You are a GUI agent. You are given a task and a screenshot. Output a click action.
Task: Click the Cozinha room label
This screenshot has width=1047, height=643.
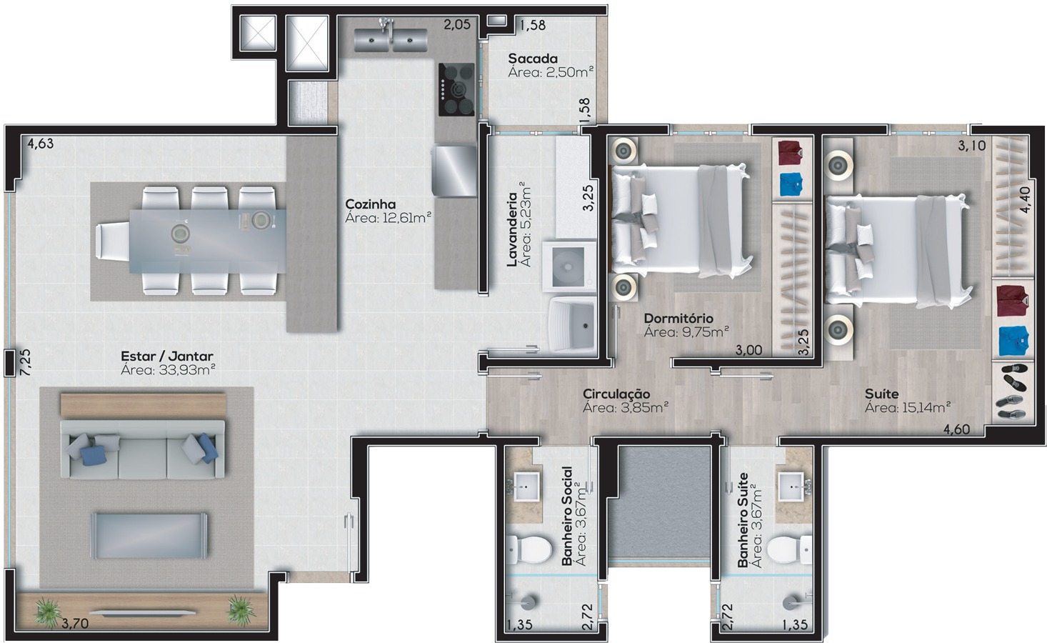tap(370, 204)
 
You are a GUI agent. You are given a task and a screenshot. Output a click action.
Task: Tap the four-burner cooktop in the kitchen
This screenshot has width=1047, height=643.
tap(456, 90)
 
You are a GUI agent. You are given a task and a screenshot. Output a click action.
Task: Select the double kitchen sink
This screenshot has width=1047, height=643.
tap(390, 40)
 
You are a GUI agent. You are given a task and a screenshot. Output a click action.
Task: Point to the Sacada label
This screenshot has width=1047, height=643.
tap(532, 59)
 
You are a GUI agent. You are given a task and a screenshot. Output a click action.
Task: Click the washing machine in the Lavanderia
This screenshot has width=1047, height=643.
tap(568, 266)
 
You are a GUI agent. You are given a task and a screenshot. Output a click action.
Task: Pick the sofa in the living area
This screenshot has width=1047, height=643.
tap(143, 449)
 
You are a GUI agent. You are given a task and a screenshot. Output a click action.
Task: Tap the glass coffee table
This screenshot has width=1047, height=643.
tap(149, 536)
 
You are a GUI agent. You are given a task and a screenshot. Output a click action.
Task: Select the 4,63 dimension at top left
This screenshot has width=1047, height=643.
tap(40, 144)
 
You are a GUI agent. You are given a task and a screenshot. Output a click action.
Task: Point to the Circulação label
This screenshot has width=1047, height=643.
tap(616, 394)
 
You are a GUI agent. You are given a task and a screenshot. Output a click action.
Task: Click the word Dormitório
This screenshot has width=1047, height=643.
tap(678, 319)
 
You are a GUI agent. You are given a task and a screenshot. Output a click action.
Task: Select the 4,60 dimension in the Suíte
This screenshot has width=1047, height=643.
tap(956, 429)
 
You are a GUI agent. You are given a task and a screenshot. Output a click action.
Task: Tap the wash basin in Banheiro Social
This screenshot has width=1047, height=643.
tap(526, 487)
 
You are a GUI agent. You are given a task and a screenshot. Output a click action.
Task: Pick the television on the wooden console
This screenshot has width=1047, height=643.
tap(143, 612)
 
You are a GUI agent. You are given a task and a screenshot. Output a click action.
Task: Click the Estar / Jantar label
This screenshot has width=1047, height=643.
tap(167, 356)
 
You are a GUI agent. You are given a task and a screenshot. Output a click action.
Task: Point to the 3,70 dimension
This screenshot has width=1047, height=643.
tap(75, 624)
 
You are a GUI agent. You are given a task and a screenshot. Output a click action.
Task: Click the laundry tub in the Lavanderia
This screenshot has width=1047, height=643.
tap(572, 324)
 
